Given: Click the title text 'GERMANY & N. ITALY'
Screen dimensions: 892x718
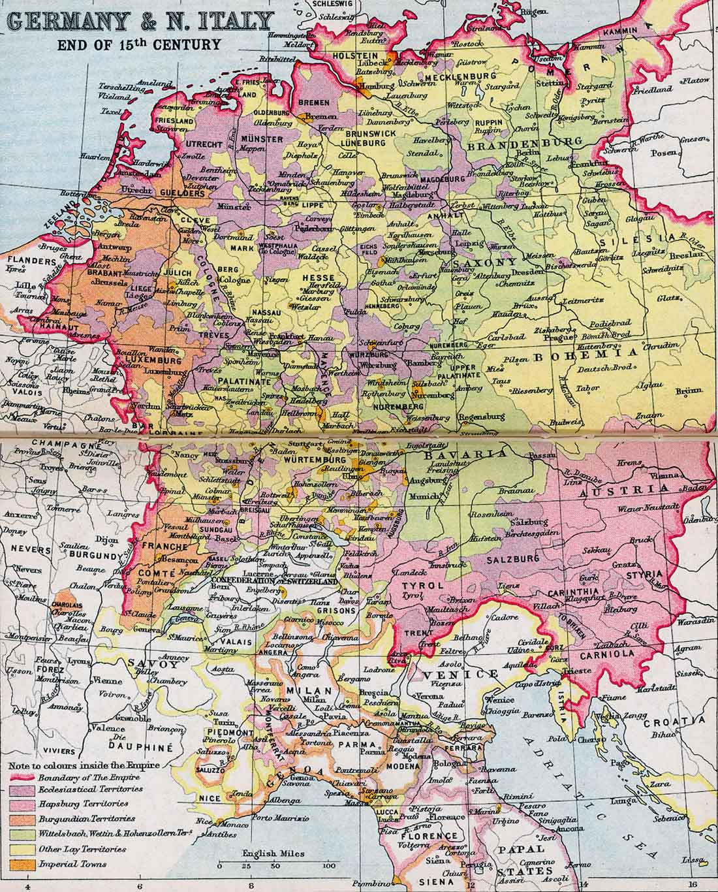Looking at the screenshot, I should pyautogui.click(x=138, y=22).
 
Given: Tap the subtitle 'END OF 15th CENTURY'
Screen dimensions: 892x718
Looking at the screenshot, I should pyautogui.click(x=138, y=45).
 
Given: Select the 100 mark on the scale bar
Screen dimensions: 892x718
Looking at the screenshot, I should pyautogui.click(x=329, y=866).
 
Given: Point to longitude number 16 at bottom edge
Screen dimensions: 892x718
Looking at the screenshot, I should pyautogui.click(x=692, y=886).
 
